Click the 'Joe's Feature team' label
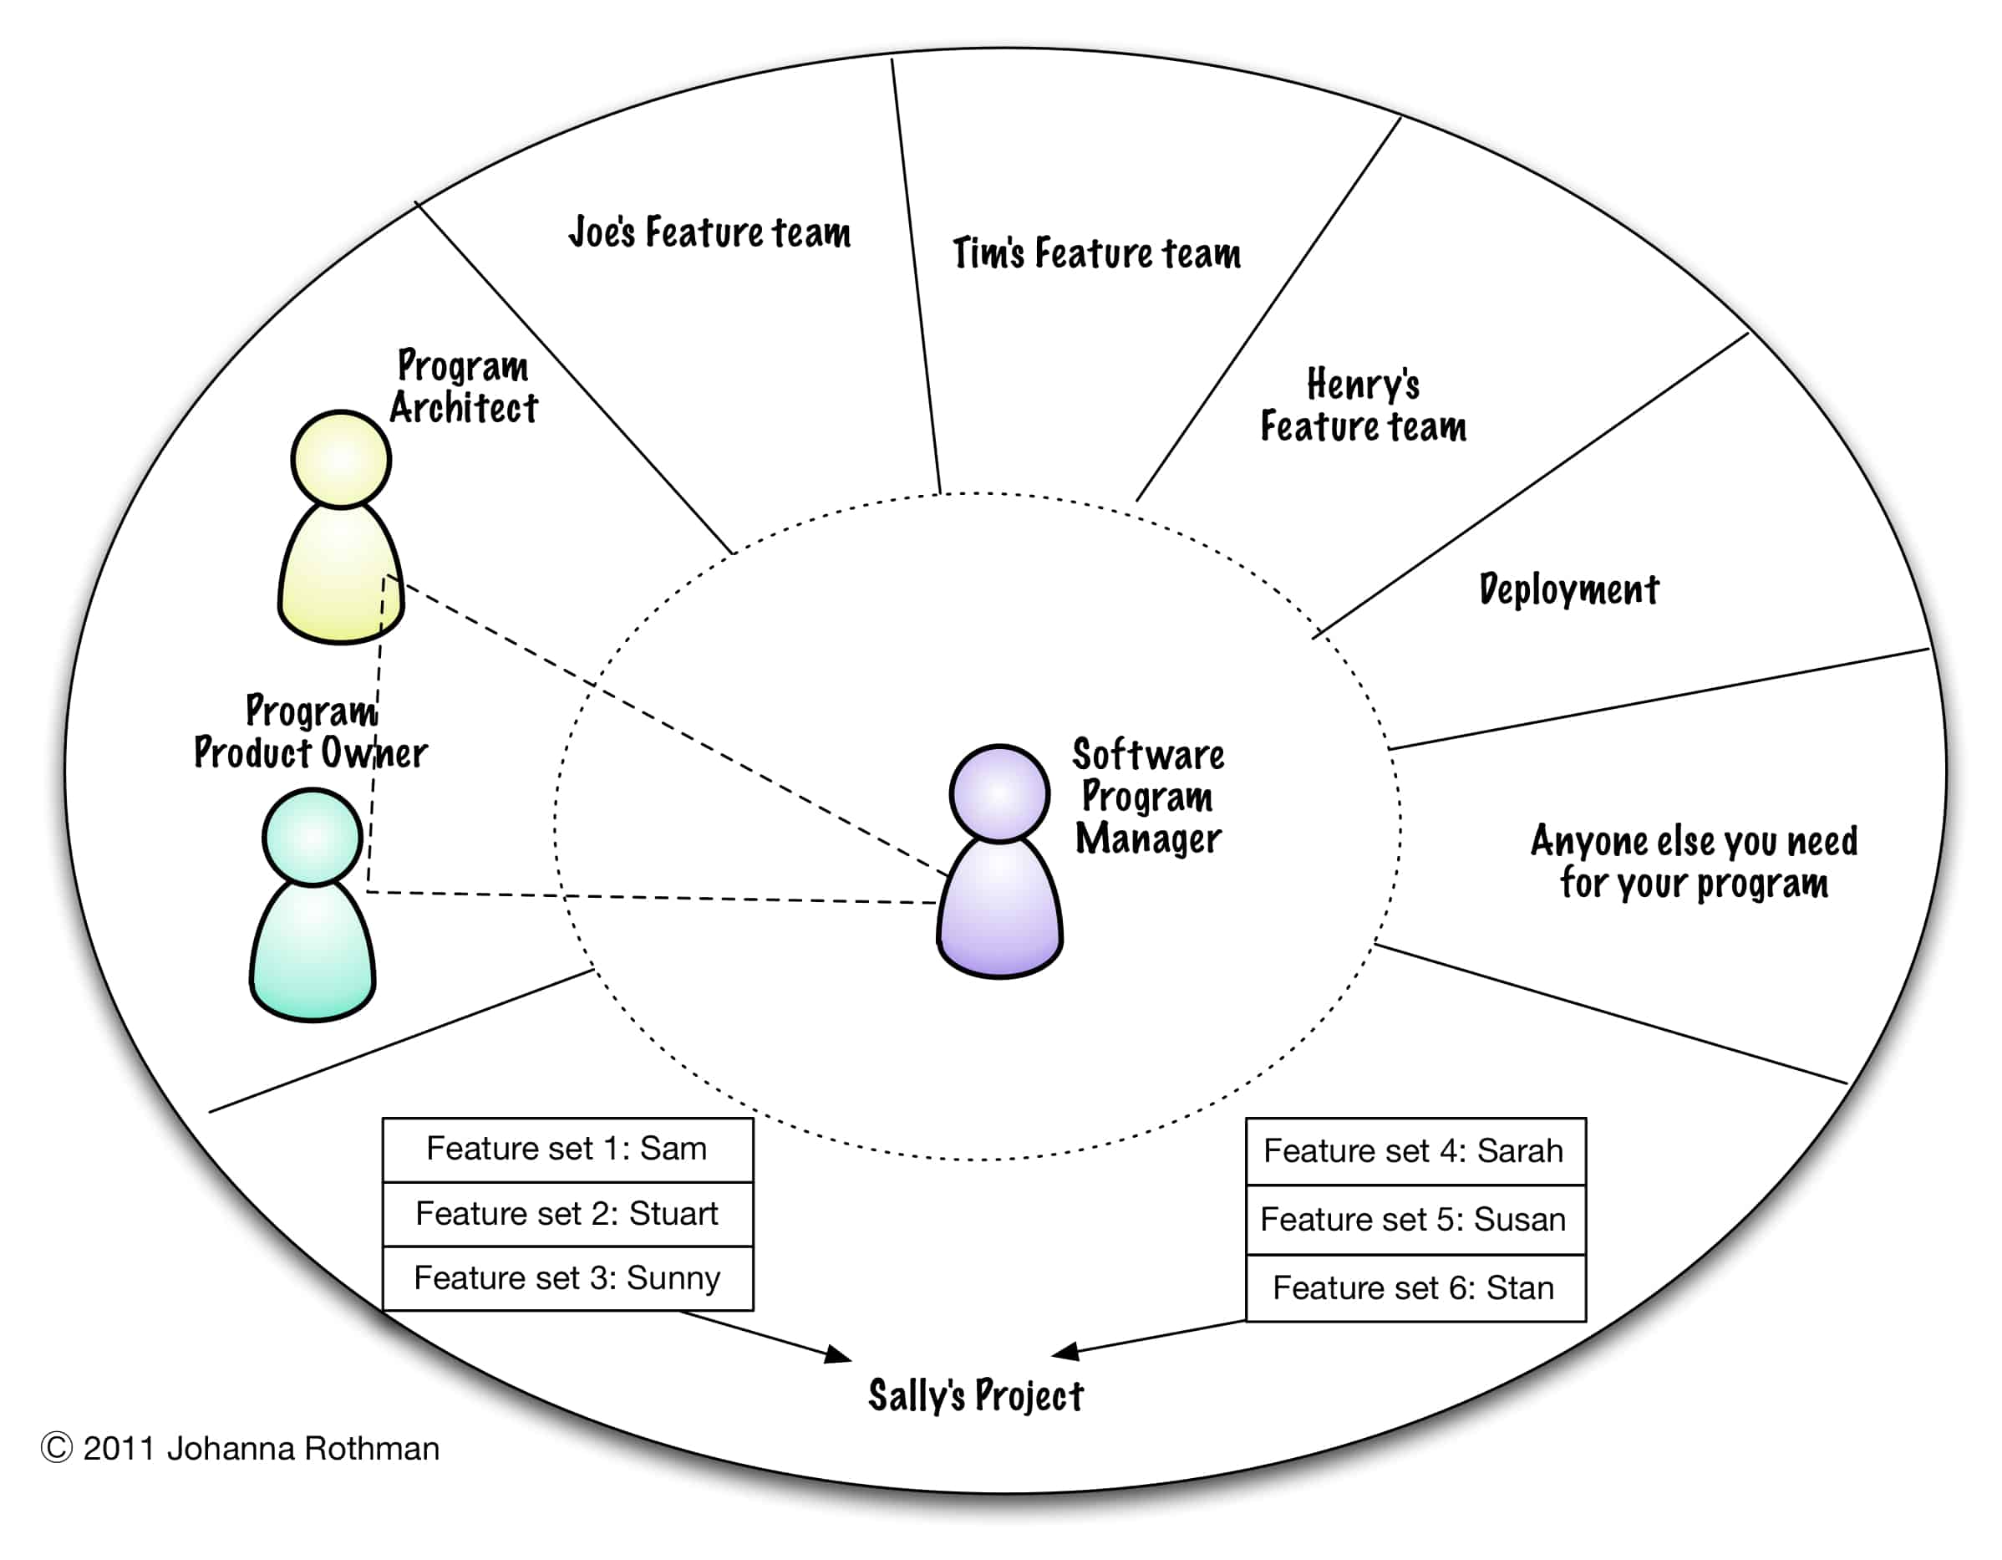709,232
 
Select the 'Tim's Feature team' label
1096,253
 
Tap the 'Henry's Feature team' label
1363,405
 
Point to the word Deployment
1568,589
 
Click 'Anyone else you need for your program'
1694,862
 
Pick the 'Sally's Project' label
975,1396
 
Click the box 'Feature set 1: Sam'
567,1150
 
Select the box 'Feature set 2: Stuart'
567,1214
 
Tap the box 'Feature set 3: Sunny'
567,1278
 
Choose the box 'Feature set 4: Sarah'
1415,1152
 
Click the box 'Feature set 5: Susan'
1415,1221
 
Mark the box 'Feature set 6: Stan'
1415,1288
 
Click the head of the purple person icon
999,793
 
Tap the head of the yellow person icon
341,460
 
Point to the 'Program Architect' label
464,387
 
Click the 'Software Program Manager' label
1148,796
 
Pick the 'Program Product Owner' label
311,732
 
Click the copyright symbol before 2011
57,1448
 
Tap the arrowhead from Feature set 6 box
1065,1351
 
